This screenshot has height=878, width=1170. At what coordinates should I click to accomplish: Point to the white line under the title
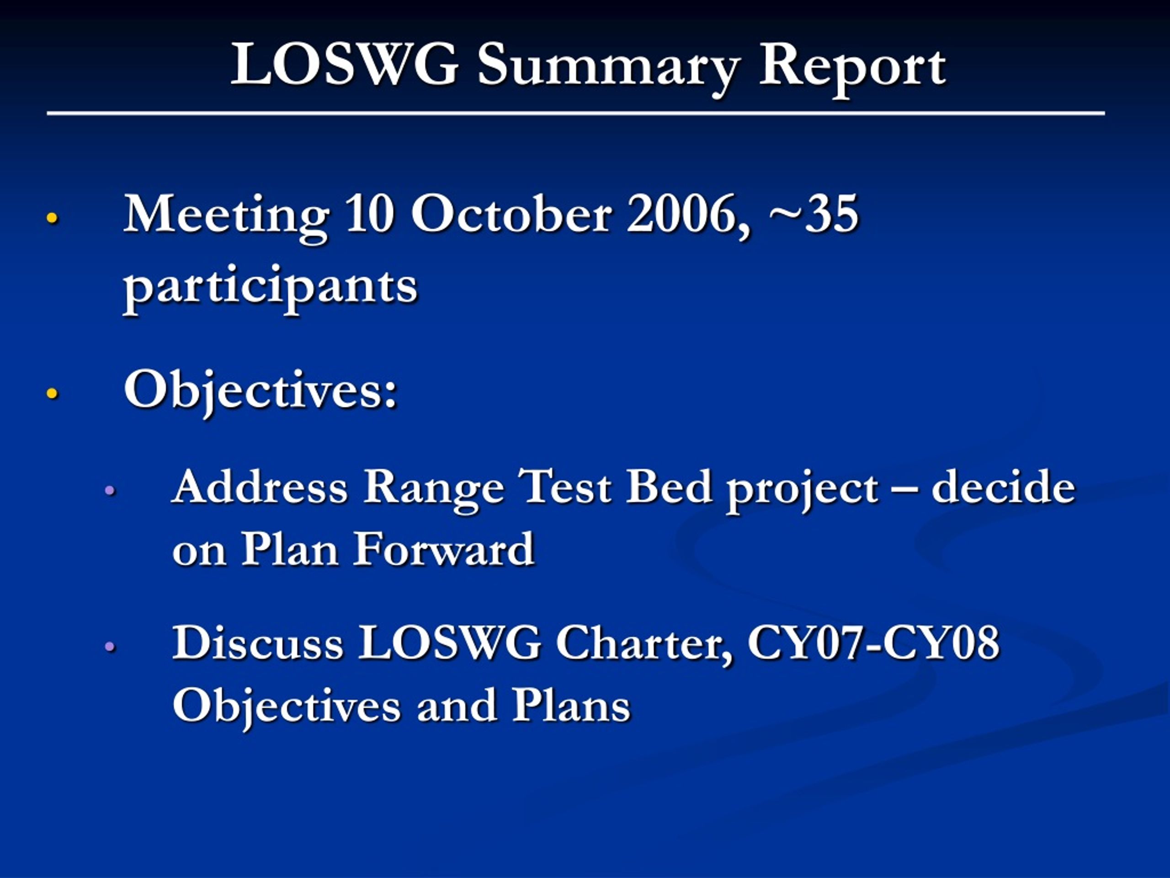coord(576,113)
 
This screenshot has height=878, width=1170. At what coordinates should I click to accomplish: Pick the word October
coord(511,214)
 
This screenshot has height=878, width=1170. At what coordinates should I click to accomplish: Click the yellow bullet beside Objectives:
coord(52,393)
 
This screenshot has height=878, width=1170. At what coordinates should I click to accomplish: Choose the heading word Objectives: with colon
coord(260,391)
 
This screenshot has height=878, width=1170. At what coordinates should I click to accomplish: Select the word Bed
coord(669,486)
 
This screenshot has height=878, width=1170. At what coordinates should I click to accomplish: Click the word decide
coord(1003,486)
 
